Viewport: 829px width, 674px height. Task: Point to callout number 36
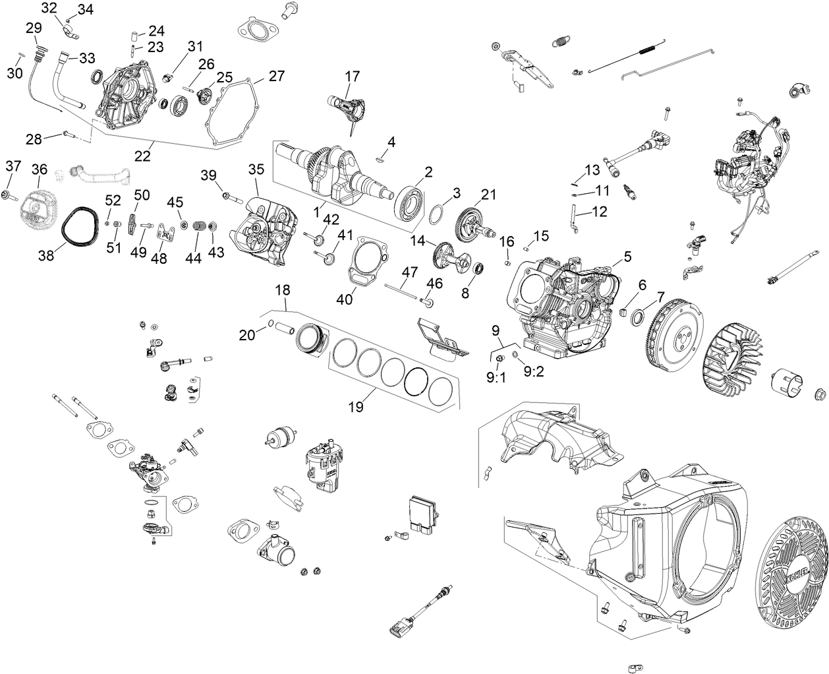click(40, 169)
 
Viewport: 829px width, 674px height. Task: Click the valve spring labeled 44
click(196, 227)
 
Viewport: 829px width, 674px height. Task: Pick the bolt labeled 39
click(233, 196)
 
